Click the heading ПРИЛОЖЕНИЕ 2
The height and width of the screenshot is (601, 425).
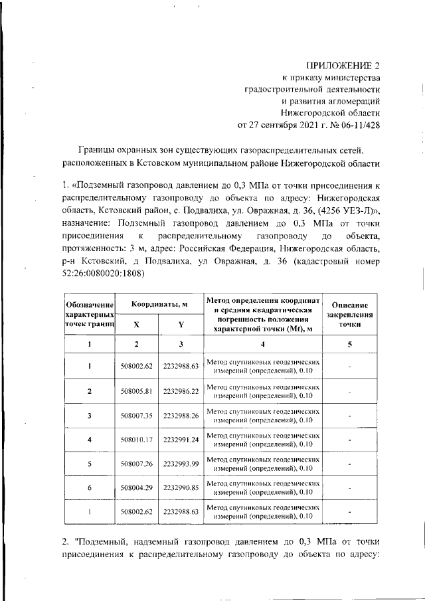pos(343,65)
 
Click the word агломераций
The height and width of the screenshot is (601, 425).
pos(355,101)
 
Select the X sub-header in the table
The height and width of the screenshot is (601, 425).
pos(136,325)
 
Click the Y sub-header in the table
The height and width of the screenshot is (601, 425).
pos(181,325)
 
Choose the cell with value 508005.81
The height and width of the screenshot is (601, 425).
pos(137,391)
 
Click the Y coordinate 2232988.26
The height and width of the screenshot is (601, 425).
pos(181,416)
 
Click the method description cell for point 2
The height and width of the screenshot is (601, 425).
pos(263,391)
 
